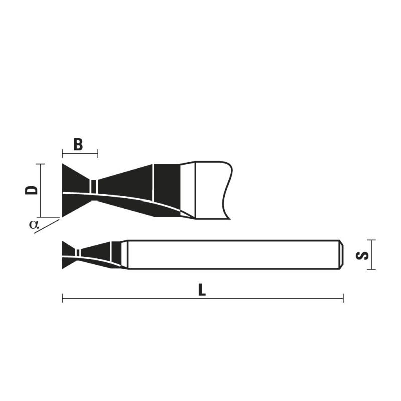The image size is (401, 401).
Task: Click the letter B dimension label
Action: [x=78, y=145]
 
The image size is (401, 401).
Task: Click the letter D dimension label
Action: [x=31, y=190]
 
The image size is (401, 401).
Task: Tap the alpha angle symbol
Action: [x=34, y=224]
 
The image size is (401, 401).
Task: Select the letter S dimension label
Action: [x=362, y=256]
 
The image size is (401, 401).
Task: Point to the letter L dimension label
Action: [x=203, y=290]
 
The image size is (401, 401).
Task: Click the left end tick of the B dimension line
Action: [x=62, y=154]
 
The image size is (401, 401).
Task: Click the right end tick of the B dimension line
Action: [x=98, y=154]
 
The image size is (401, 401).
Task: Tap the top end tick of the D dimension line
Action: [x=41, y=164]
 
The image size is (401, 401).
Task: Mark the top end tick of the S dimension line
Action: [x=371, y=240]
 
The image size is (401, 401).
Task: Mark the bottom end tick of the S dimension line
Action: [x=371, y=269]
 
